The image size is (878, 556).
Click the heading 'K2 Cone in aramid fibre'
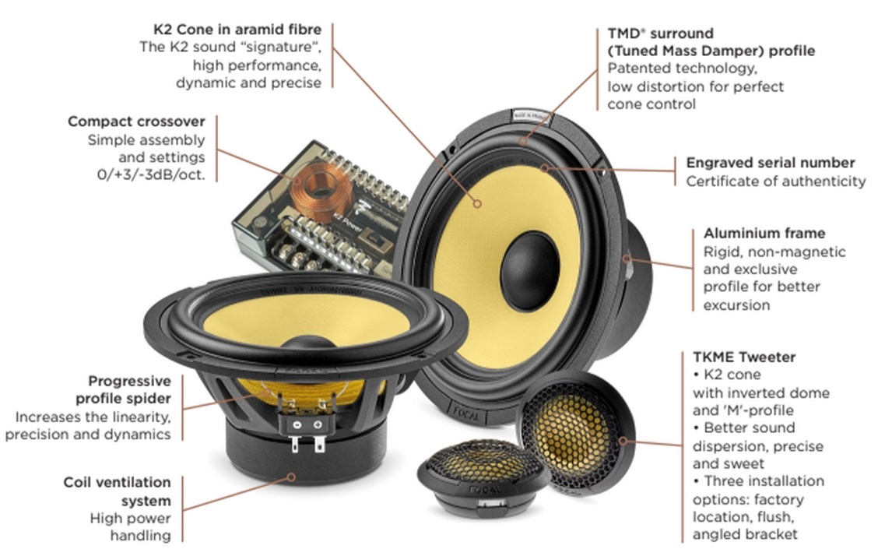coord(237,30)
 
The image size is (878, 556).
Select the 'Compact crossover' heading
coord(136,121)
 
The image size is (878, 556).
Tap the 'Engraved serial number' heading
coord(770,163)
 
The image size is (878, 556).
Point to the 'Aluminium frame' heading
coord(764,233)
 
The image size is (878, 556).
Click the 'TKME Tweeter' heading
coord(743,357)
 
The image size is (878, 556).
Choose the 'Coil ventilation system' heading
coord(117,491)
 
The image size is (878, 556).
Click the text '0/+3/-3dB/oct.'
coord(156,175)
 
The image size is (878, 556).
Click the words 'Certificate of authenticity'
coord(775,181)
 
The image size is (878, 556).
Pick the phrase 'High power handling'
coord(130,526)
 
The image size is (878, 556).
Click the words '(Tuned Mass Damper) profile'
coord(711,51)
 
